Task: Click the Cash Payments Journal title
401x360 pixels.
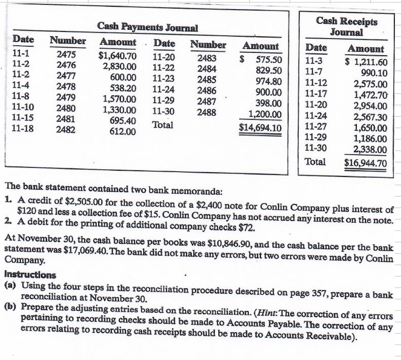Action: pyautogui.click(x=148, y=27)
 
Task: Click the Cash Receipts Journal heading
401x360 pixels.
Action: pyautogui.click(x=346, y=27)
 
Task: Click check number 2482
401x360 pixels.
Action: pyautogui.click(x=66, y=130)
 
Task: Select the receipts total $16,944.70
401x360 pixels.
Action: pyautogui.click(x=365, y=163)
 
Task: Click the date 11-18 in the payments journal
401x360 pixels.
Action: pyautogui.click(x=22, y=129)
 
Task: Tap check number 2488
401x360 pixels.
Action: pyautogui.click(x=207, y=112)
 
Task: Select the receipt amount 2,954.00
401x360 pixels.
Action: pyautogui.click(x=370, y=106)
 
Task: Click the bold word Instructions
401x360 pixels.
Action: pyautogui.click(x=30, y=274)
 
